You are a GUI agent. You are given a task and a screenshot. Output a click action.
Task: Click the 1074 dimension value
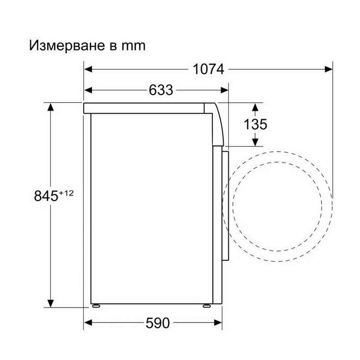208,69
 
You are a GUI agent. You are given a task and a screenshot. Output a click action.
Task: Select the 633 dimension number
160,90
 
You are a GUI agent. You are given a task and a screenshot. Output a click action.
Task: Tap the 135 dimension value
255,124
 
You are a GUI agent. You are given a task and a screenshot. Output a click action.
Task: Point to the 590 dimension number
157,323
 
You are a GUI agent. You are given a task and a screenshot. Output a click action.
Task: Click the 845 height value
46,196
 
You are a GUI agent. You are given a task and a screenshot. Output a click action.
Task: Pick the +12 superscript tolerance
66,193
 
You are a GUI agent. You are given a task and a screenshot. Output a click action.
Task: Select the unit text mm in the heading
133,46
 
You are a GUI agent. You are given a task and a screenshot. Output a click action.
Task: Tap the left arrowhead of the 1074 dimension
88,69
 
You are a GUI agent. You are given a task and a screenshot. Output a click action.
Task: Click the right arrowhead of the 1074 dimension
329,69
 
